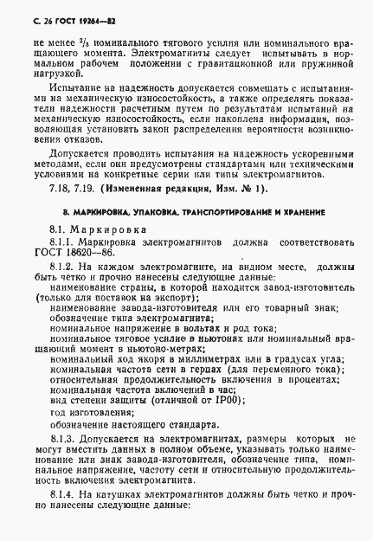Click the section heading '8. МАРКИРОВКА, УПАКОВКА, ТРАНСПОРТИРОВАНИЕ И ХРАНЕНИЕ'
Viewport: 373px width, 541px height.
click(188, 212)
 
